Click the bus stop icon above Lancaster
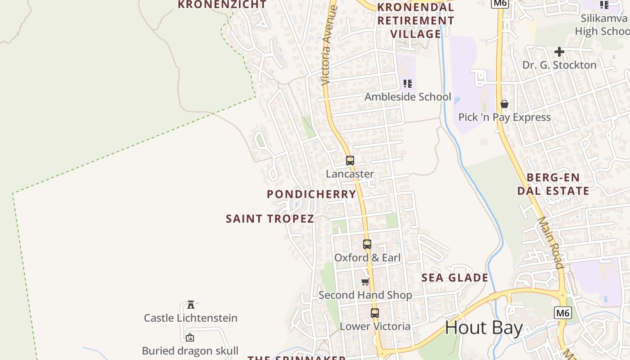pos(350,160)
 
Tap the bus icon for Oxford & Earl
pos(367,244)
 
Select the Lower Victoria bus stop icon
pos(375,313)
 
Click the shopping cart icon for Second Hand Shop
pos(365,282)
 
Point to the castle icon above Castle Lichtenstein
pos(190,304)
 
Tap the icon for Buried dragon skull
pos(190,337)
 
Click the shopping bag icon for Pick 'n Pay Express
pos(504,104)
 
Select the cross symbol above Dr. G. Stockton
pos(559,52)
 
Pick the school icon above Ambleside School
pos(408,83)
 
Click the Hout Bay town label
pos(484,328)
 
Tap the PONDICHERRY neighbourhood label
pos(311,194)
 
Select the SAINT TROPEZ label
pos(270,219)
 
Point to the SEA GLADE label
pos(455,278)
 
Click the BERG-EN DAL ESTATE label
pos(553,184)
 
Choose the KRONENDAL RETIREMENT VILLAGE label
pos(416,21)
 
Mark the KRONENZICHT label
pos(222,4)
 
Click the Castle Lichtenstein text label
pos(190,318)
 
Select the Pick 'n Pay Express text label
pos(504,117)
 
